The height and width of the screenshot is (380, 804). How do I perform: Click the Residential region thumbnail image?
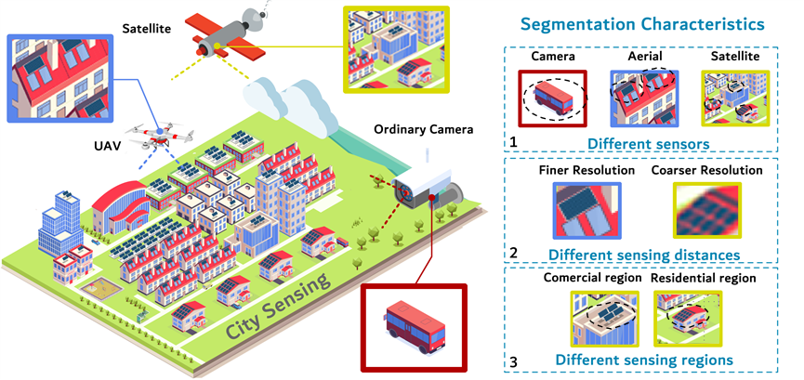(x=686, y=317)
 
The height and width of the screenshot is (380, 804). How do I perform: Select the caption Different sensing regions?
(x=644, y=360)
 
